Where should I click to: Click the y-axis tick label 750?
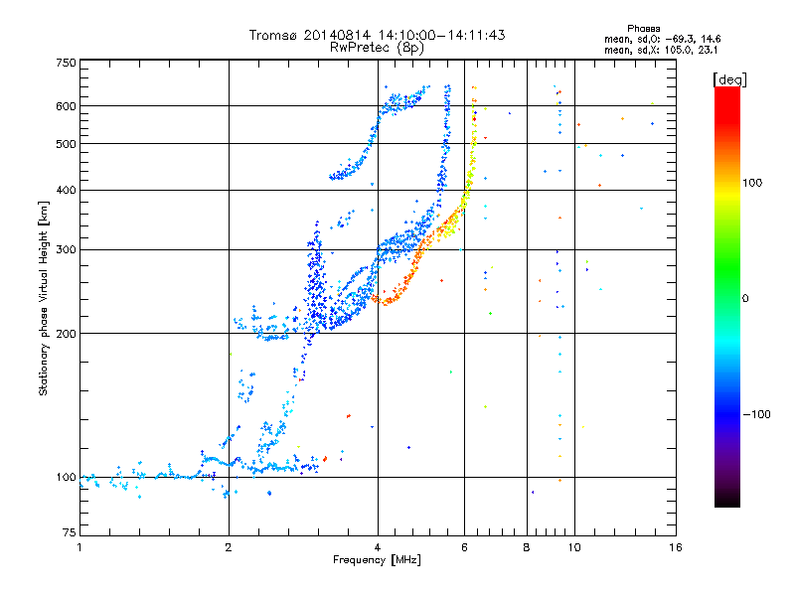[x=66, y=63]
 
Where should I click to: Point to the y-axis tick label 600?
[x=66, y=106]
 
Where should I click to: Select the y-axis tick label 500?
[x=66, y=144]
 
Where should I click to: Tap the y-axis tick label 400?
[x=66, y=190]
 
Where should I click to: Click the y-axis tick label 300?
[x=66, y=249]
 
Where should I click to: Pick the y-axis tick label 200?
[x=66, y=333]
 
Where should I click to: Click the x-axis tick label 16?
[x=675, y=547]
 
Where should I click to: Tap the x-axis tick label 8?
[x=527, y=547]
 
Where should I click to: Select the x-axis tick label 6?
[x=464, y=547]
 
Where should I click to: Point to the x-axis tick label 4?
[x=378, y=547]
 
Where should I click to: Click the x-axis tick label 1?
[x=79, y=547]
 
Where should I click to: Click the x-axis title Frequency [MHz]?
[x=378, y=561]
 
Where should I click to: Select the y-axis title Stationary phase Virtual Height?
[x=44, y=298]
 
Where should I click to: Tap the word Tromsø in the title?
[x=275, y=35]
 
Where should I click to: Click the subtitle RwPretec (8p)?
[x=378, y=47]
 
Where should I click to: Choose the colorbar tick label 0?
[x=744, y=298]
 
